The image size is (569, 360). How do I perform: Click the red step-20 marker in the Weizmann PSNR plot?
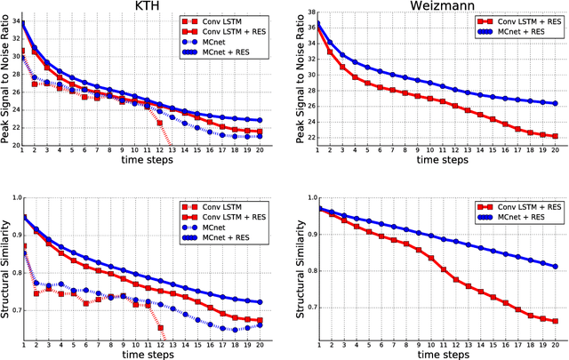point(555,136)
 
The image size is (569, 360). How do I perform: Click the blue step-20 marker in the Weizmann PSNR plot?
point(555,103)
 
